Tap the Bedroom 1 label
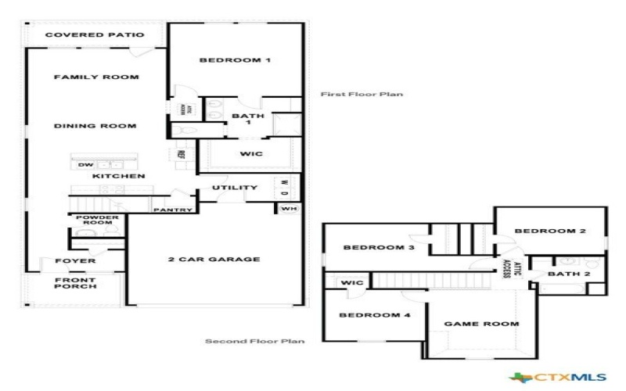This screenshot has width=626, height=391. click(x=235, y=60)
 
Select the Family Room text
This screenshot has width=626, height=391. click(x=96, y=77)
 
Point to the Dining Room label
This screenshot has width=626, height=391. click(x=95, y=126)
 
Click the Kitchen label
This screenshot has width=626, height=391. click(x=119, y=177)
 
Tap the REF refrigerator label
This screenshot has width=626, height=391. click(x=181, y=155)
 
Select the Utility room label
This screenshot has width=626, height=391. click(x=235, y=188)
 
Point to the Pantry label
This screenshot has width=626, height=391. click(x=173, y=210)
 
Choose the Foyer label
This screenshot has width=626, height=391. click(x=76, y=260)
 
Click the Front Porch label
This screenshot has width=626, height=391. click(x=75, y=283)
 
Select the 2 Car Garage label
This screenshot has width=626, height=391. click(x=214, y=259)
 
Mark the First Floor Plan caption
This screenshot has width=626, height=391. click(x=362, y=95)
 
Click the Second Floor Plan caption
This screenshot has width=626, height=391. click(x=254, y=341)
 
